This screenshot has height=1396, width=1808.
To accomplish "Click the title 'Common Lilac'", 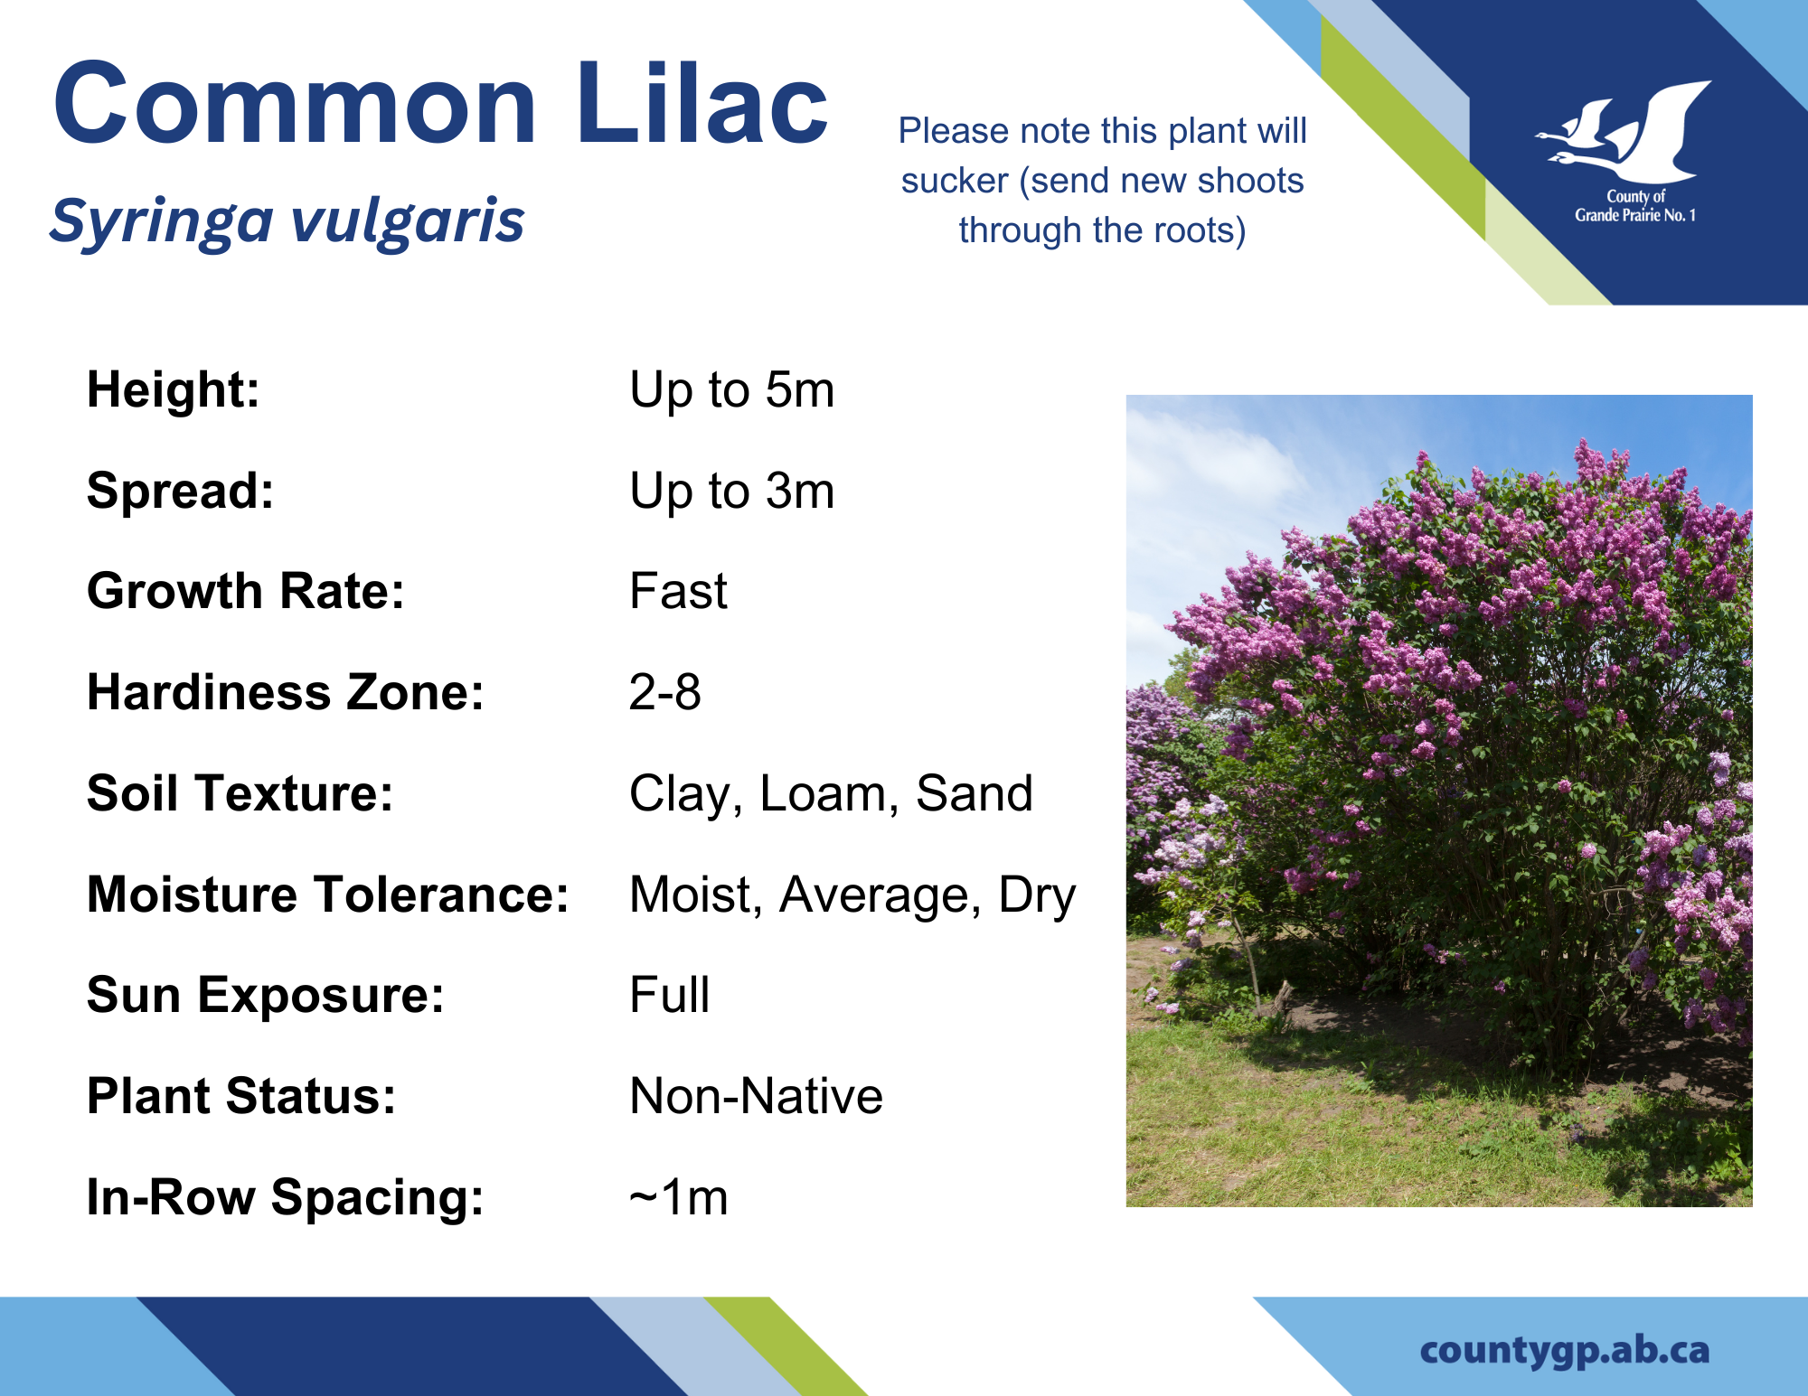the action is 441,103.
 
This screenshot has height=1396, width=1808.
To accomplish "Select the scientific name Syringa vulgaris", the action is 287,220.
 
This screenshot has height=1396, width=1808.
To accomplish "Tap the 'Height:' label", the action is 174,389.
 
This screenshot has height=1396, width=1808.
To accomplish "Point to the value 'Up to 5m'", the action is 731,390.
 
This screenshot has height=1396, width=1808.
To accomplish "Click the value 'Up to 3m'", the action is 731,492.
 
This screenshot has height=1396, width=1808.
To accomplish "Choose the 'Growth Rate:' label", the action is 246,591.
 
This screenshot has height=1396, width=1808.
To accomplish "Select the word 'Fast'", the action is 678,592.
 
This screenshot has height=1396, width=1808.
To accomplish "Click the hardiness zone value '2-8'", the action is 664,693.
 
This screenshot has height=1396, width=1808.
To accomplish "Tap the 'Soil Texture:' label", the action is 240,793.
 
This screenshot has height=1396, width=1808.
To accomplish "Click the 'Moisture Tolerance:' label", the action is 328,895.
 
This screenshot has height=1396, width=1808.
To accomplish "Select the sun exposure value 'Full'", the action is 669,996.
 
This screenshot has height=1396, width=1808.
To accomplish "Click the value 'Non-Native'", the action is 756,1097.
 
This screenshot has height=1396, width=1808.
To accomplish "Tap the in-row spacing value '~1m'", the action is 678,1198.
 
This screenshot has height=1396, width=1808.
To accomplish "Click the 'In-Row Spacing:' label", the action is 286,1198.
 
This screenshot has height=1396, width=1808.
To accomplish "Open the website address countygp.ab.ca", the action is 1565,1351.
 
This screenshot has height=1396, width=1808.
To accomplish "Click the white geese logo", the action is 1624,131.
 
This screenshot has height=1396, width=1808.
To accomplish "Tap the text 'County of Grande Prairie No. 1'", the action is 1635,206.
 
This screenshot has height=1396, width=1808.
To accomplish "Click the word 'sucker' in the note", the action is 955,181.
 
